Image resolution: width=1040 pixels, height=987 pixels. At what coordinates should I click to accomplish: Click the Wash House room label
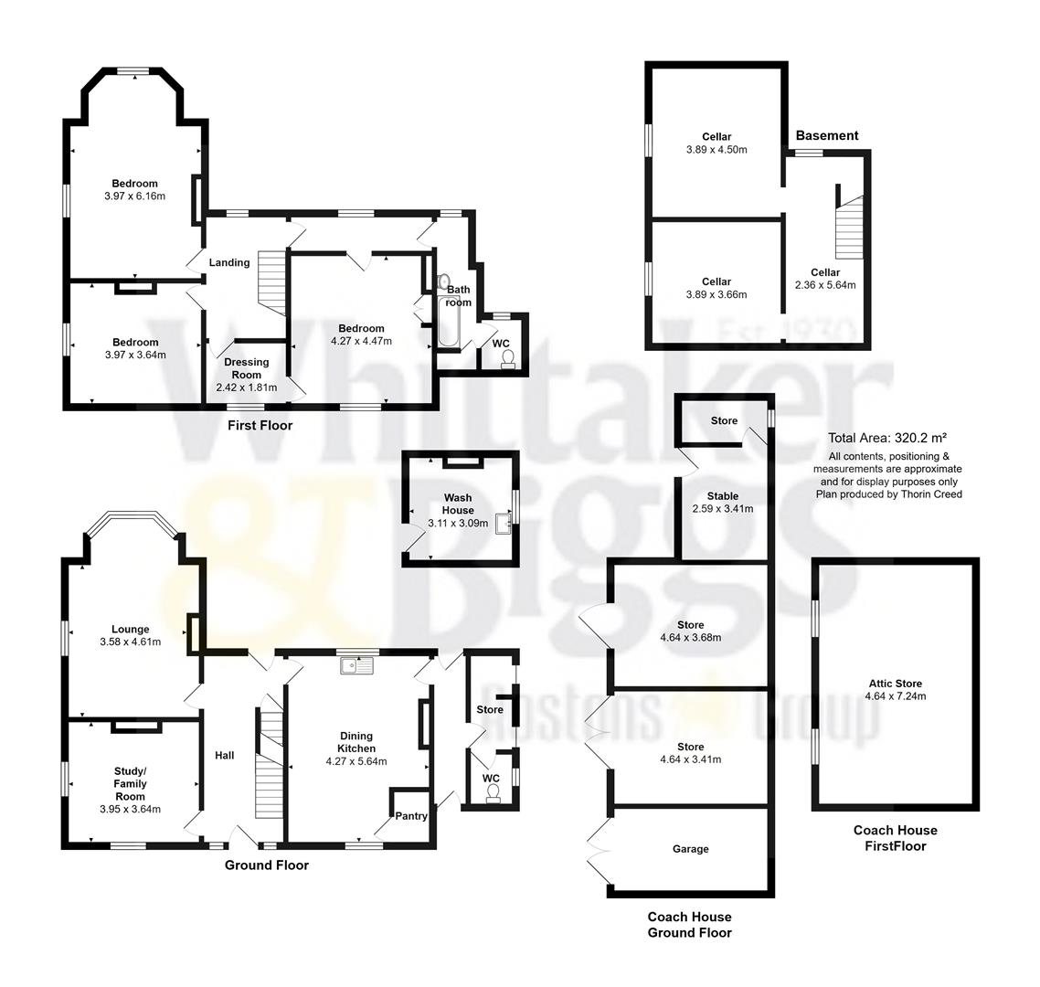click(x=458, y=504)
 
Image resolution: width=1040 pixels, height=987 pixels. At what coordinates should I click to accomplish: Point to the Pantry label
click(x=411, y=815)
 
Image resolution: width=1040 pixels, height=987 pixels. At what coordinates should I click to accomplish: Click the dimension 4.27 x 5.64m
click(x=356, y=761)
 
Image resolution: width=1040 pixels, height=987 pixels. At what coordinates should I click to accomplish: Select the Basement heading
click(x=826, y=135)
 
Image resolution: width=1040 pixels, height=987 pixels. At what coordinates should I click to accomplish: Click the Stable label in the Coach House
click(x=722, y=496)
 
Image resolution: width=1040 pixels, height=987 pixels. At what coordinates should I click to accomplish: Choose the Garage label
click(x=690, y=849)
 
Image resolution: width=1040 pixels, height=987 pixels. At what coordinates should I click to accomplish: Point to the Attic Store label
click(x=895, y=683)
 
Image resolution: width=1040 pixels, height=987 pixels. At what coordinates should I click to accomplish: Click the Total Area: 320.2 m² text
click(x=887, y=438)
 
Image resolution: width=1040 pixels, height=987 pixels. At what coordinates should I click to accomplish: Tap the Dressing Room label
click(x=246, y=367)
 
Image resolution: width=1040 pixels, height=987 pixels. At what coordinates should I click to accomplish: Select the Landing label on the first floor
click(x=228, y=262)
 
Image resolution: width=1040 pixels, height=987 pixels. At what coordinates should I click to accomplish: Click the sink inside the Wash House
click(x=502, y=524)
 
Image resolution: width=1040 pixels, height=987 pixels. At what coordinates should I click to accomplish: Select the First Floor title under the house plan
click(x=260, y=425)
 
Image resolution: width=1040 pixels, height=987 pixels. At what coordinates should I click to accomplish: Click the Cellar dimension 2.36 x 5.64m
click(x=825, y=285)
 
